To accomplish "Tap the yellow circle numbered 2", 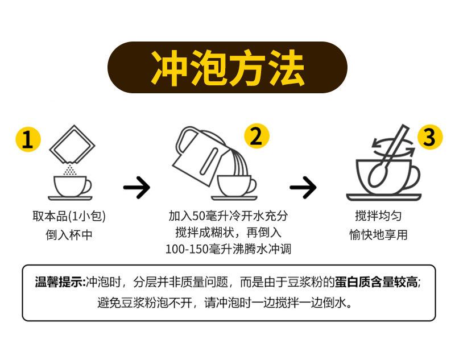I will click(x=257, y=136).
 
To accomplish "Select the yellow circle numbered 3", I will click(x=430, y=137).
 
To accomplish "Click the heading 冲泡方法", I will click(x=227, y=68).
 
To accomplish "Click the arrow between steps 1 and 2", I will click(x=136, y=187).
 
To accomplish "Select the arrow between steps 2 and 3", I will click(x=303, y=187).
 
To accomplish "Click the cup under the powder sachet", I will click(x=71, y=185).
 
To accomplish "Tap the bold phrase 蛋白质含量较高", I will click(x=377, y=282).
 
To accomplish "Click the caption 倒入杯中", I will click(x=69, y=234).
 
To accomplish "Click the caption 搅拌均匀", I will click(x=378, y=216).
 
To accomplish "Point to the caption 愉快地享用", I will click(x=378, y=234).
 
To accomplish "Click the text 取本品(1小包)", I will click(x=69, y=216).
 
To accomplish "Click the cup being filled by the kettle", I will click(x=236, y=185).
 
